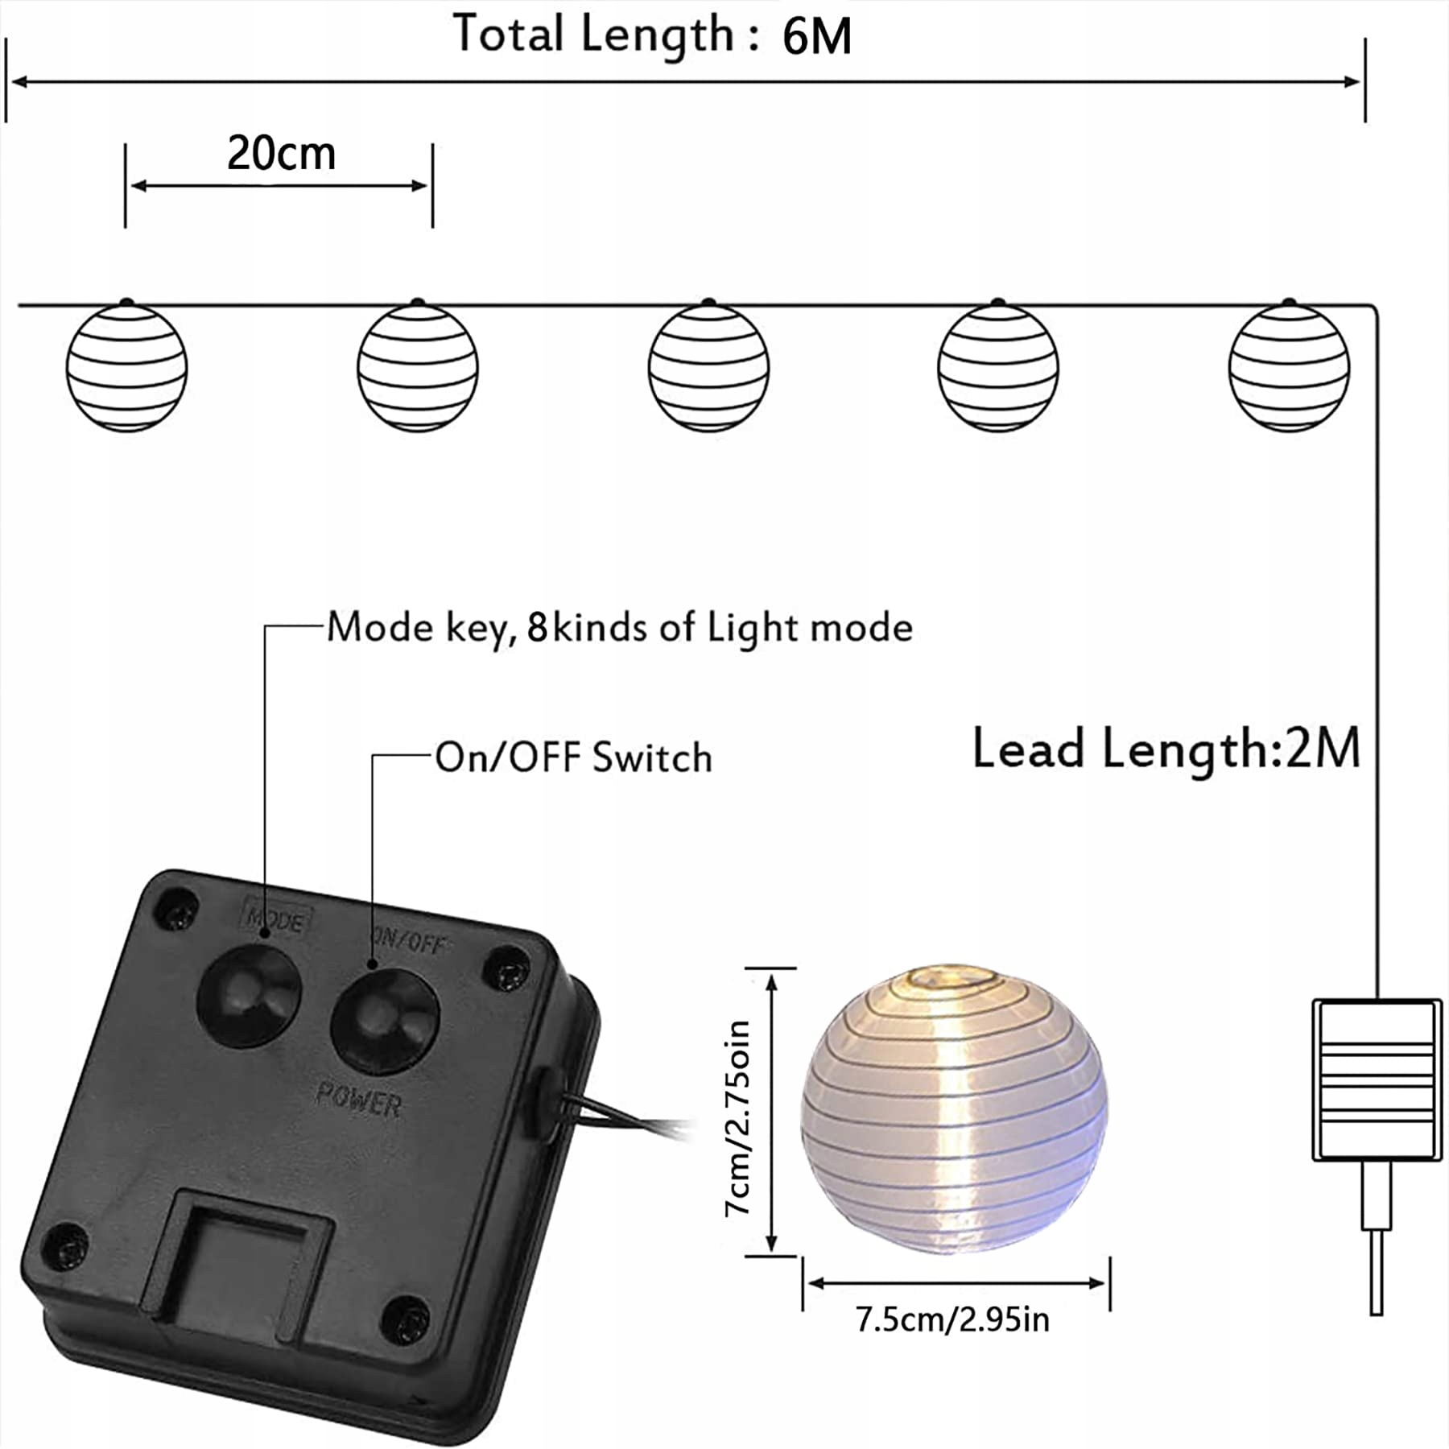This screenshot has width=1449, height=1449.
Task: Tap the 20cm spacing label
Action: pos(281,153)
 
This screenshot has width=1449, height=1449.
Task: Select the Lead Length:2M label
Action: pos(1166,749)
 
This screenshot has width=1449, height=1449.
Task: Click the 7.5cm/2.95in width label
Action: pos(952,1321)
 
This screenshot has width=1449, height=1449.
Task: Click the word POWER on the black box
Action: pos(359,1099)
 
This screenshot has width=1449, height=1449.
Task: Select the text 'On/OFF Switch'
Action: pos(574,758)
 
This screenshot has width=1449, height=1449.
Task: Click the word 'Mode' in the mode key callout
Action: pos(380,627)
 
